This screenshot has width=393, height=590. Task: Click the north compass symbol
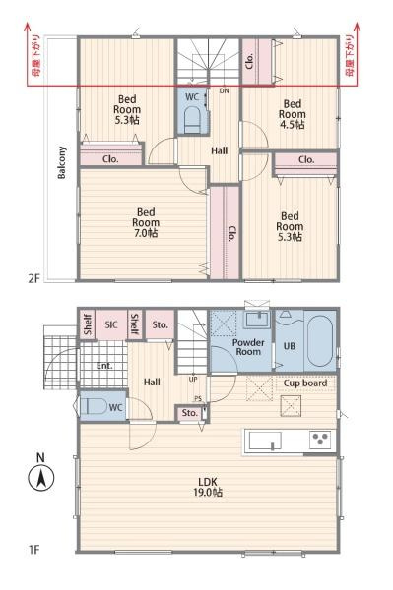click(x=41, y=477)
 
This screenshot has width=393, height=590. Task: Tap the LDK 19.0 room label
click(x=208, y=487)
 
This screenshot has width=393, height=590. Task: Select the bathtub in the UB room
click(x=320, y=340)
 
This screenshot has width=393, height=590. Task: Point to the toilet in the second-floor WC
click(x=192, y=120)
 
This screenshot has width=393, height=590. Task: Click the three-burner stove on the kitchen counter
click(x=320, y=440)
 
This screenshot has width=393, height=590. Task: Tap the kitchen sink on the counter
click(x=265, y=441)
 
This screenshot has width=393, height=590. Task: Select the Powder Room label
click(x=248, y=347)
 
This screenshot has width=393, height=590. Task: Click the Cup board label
click(x=305, y=383)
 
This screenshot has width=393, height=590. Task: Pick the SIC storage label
click(x=111, y=324)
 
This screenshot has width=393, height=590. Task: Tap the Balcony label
click(x=62, y=162)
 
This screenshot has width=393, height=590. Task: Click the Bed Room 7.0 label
click(x=146, y=222)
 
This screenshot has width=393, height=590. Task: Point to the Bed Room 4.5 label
click(x=292, y=114)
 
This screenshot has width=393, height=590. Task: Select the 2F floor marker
click(x=33, y=279)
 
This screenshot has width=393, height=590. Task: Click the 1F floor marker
click(x=33, y=550)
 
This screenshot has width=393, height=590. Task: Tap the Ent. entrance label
click(x=104, y=366)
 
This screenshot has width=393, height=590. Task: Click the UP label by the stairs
click(x=193, y=380)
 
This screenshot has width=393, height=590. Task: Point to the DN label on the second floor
click(x=225, y=91)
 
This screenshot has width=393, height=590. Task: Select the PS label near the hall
click(x=198, y=399)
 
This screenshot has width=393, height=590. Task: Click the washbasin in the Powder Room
click(x=258, y=319)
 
